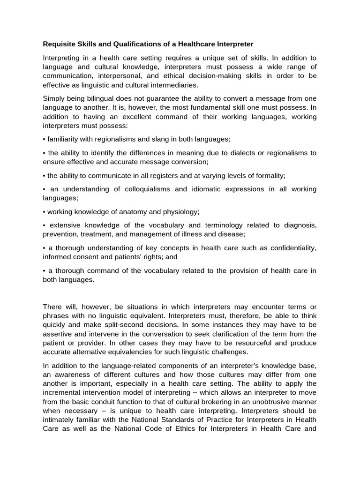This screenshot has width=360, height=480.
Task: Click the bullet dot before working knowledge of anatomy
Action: pos(44,211)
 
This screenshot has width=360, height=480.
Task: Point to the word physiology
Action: pos(181,211)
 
